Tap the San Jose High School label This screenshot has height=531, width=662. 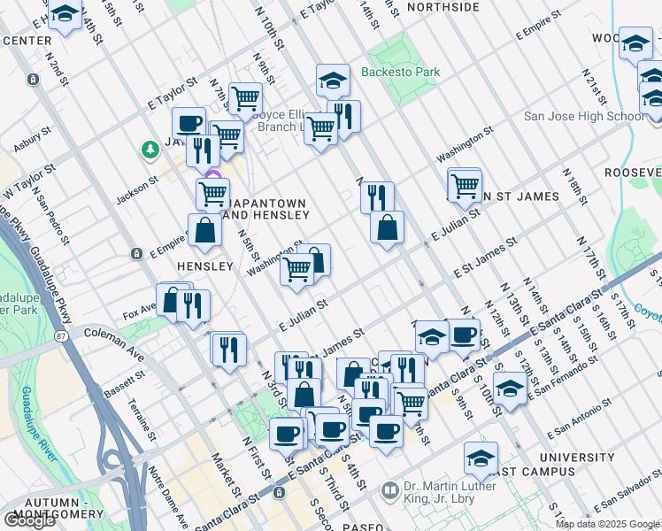pos(597,116)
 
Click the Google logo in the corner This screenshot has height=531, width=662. pos(29,520)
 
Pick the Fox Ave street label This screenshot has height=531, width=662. pos(140,312)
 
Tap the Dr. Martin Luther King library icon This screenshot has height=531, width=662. pos(389,489)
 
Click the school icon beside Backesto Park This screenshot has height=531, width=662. pos(333,81)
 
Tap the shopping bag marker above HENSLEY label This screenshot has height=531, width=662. pos(204,231)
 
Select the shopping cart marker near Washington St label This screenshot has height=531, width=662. pos(297,269)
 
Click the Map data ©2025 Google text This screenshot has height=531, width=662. pos(607,524)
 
